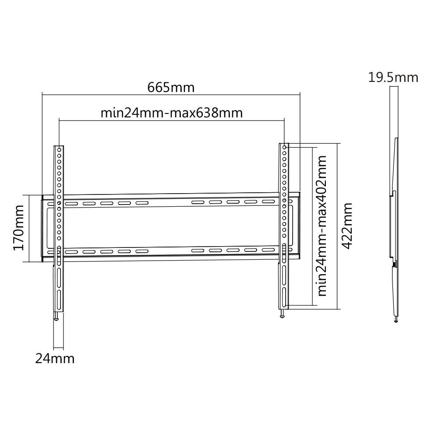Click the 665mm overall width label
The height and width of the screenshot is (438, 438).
171,87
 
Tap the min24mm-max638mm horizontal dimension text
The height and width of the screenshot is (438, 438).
172,113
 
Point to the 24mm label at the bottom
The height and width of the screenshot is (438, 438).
55,359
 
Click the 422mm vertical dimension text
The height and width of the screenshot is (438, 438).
347,226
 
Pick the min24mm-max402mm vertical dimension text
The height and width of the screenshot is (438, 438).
322,226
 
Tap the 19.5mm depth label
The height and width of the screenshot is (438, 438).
393,78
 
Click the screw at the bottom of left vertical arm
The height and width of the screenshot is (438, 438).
56,317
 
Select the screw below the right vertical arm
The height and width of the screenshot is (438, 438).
283,314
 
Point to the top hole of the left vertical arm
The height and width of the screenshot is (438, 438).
59,150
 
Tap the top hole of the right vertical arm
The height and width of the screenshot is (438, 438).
284,148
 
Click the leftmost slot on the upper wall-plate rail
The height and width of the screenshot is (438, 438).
71,204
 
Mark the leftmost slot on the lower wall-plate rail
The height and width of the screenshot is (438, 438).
71,252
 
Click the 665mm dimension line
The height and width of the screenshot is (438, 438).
109,93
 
